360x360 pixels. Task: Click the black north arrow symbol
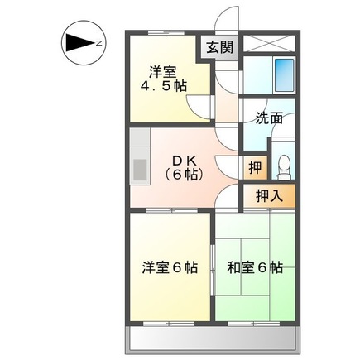tap(77, 41)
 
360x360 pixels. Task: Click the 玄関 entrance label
tap(219, 46)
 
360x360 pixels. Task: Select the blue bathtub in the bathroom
tap(283, 74)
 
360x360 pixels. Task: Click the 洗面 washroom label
tap(269, 118)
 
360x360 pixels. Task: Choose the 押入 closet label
tap(267, 196)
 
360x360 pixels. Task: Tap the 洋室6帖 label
tap(169, 267)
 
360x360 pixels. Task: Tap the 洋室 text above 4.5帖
tap(161, 70)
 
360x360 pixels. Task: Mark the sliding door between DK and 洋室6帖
tap(170, 210)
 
